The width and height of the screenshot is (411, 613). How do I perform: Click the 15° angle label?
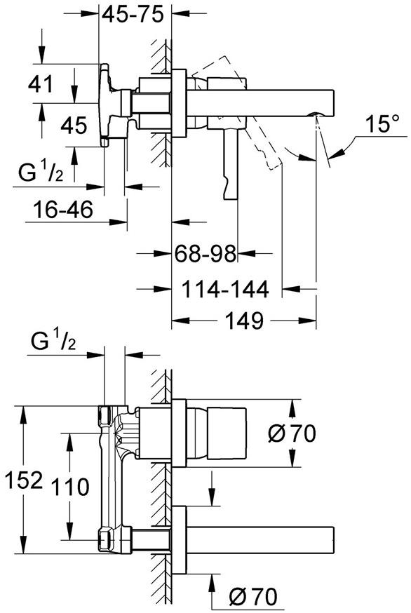382,125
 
